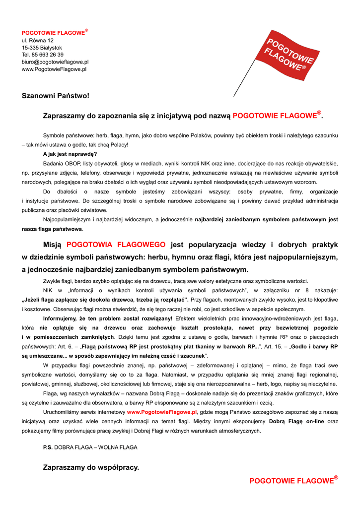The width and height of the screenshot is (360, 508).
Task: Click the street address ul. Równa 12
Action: [x=38, y=40]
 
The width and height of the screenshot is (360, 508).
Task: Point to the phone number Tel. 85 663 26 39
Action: [x=42, y=55]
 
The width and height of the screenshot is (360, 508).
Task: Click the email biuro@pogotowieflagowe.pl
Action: [x=55, y=62]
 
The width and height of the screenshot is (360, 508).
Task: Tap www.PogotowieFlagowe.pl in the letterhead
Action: [x=54, y=69]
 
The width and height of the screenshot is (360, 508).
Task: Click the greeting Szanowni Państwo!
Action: [x=55, y=95]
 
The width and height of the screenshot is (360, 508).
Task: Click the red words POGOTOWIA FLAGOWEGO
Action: [x=116, y=245]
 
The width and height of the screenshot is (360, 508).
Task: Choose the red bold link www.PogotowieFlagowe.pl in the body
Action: [x=162, y=412]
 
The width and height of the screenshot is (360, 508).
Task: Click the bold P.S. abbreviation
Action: [x=48, y=447]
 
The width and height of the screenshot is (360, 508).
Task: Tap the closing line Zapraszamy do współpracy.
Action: [x=91, y=467]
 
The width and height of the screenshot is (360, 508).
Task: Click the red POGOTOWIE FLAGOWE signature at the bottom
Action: [x=292, y=481]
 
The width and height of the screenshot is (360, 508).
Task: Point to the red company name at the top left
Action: [x=53, y=33]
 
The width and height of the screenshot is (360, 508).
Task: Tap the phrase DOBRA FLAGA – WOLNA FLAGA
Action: [x=96, y=447]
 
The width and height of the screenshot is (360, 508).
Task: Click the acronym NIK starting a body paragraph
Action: [x=48, y=290]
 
